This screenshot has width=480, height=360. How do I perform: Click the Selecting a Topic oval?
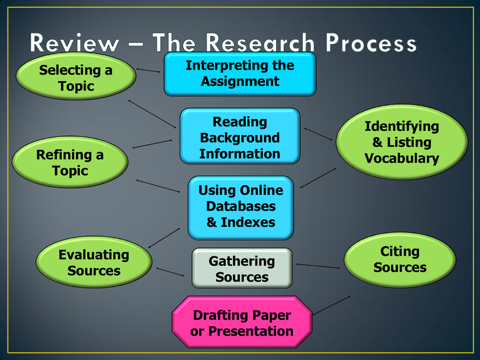(x=76, y=78)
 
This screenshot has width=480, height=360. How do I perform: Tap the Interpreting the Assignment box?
(x=240, y=74)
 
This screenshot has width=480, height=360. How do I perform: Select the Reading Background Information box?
(x=240, y=137)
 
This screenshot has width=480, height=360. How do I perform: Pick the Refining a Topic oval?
(x=70, y=162)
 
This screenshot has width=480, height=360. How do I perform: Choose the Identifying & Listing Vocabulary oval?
(x=402, y=142)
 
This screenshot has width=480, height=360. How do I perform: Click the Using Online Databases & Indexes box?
(x=240, y=207)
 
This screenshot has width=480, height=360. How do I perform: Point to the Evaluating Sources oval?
(x=94, y=262)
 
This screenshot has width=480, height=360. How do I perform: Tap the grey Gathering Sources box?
(x=241, y=269)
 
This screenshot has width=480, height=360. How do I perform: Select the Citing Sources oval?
(x=400, y=260)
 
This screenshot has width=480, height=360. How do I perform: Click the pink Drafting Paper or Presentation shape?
(x=241, y=323)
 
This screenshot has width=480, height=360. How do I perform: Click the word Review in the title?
(x=75, y=44)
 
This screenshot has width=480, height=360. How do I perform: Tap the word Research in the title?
(x=260, y=44)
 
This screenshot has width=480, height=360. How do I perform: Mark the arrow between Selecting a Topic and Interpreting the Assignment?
(x=148, y=71)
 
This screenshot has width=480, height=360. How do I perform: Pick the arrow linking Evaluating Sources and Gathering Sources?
(x=170, y=272)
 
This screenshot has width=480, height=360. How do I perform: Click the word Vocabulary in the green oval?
(x=402, y=158)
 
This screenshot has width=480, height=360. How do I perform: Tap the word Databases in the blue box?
(x=240, y=206)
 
